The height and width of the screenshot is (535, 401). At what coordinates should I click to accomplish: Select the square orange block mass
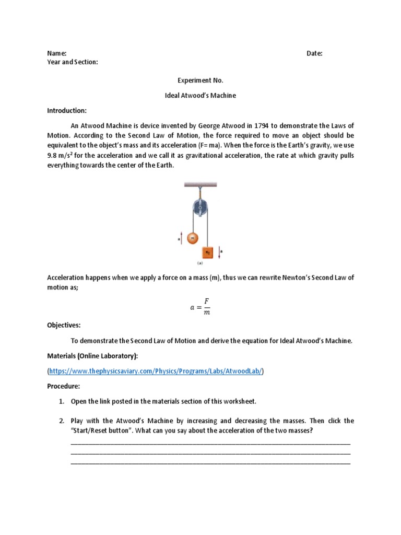coord(208,252)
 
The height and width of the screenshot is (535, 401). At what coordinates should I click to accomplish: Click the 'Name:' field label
coord(57,53)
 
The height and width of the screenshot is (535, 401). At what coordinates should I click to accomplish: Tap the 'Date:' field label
coord(314,53)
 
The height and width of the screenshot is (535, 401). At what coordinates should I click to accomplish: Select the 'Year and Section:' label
coord(73,62)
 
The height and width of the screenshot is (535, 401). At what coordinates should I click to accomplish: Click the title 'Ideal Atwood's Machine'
coord(200,96)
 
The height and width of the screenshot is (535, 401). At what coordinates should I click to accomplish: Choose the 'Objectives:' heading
coord(64,325)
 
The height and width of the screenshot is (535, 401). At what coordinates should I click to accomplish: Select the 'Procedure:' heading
coord(64,386)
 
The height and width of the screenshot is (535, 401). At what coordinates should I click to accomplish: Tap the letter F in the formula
coord(206,301)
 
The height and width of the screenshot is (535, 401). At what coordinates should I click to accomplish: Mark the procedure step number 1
coord(61,401)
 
